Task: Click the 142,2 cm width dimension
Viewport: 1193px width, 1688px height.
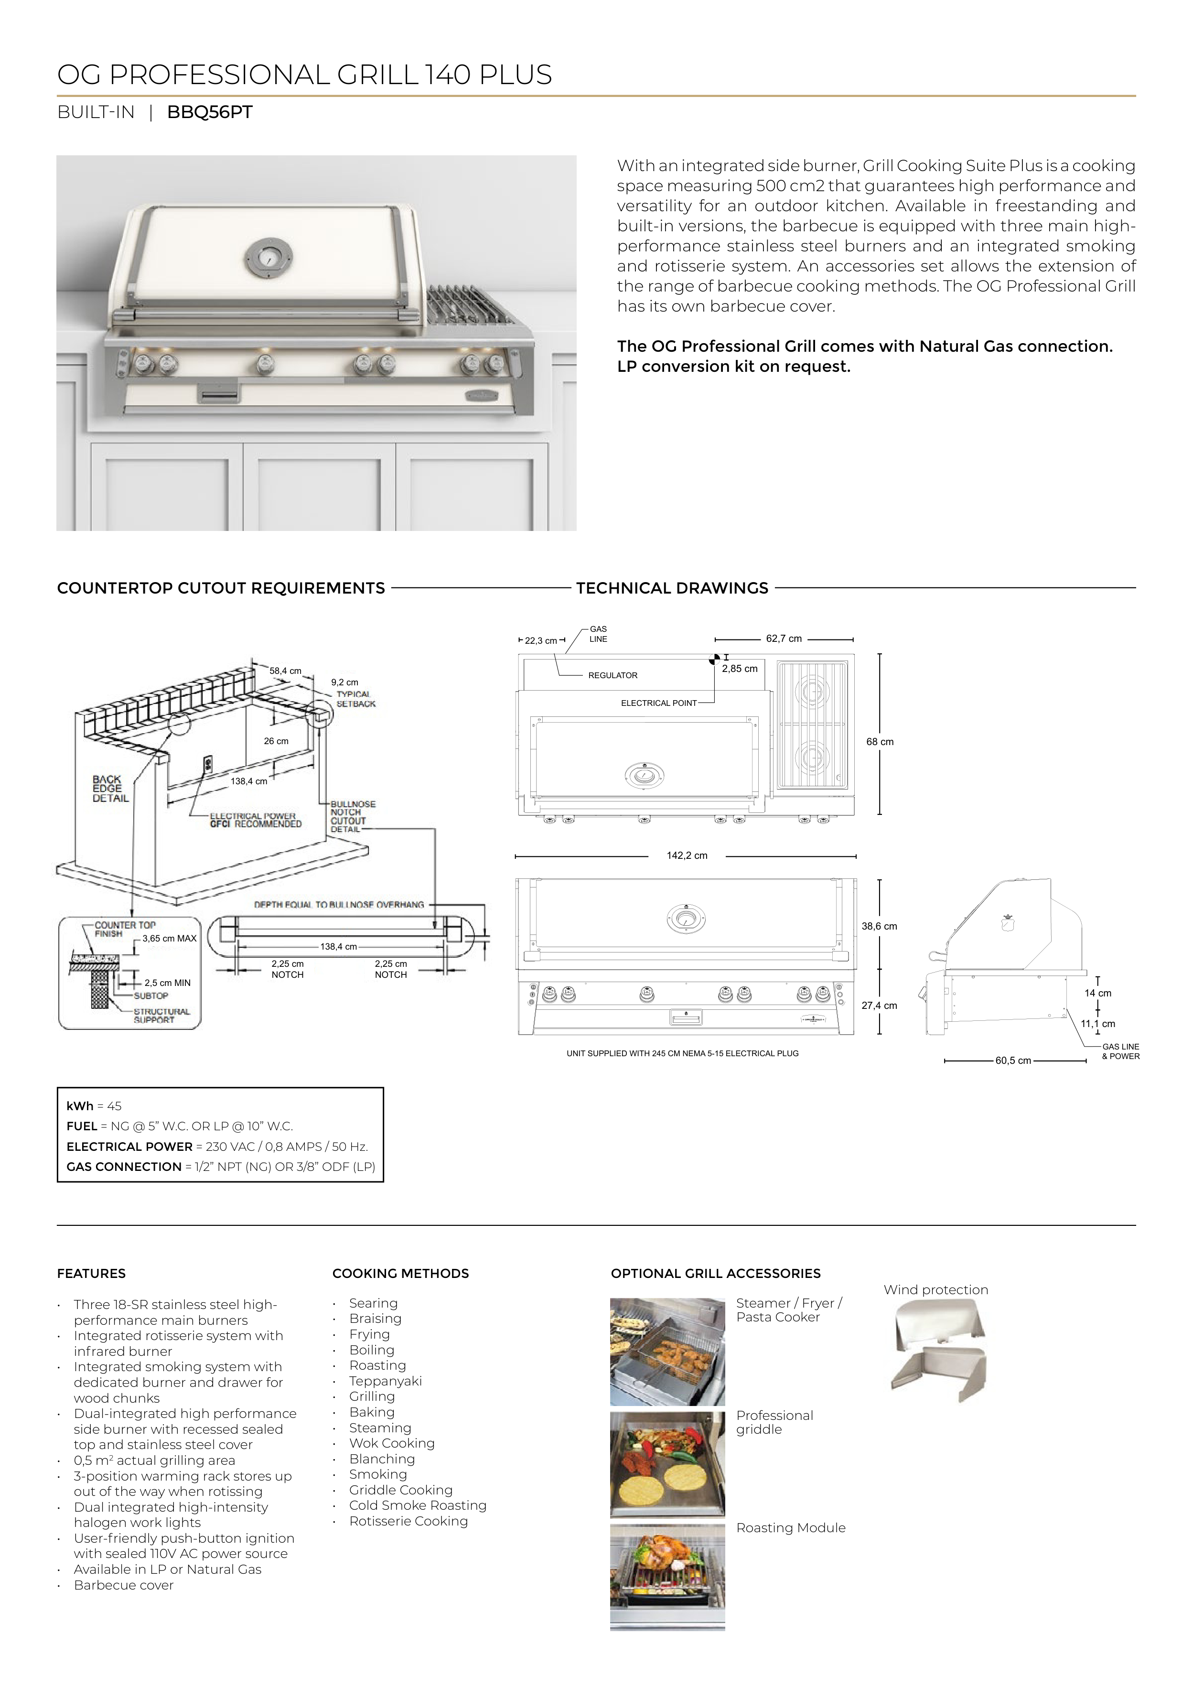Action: [x=687, y=856]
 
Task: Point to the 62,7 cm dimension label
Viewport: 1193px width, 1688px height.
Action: [x=784, y=639]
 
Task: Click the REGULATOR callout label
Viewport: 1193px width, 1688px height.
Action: [x=613, y=676]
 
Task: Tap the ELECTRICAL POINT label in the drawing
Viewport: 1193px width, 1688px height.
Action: [x=659, y=703]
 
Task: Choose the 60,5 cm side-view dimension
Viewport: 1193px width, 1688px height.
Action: [x=1013, y=1061]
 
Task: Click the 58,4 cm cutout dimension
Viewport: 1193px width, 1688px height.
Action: [x=285, y=671]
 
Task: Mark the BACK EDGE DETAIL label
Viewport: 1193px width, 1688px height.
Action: [x=110, y=789]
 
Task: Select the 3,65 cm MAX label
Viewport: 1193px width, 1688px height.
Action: [x=169, y=939]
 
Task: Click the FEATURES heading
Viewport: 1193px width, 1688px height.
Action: [x=91, y=1274]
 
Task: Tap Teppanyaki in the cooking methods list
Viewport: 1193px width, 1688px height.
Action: [x=385, y=1382]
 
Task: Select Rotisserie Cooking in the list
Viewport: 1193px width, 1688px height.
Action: [x=408, y=1521]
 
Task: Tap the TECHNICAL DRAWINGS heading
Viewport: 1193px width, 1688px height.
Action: [x=672, y=588]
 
